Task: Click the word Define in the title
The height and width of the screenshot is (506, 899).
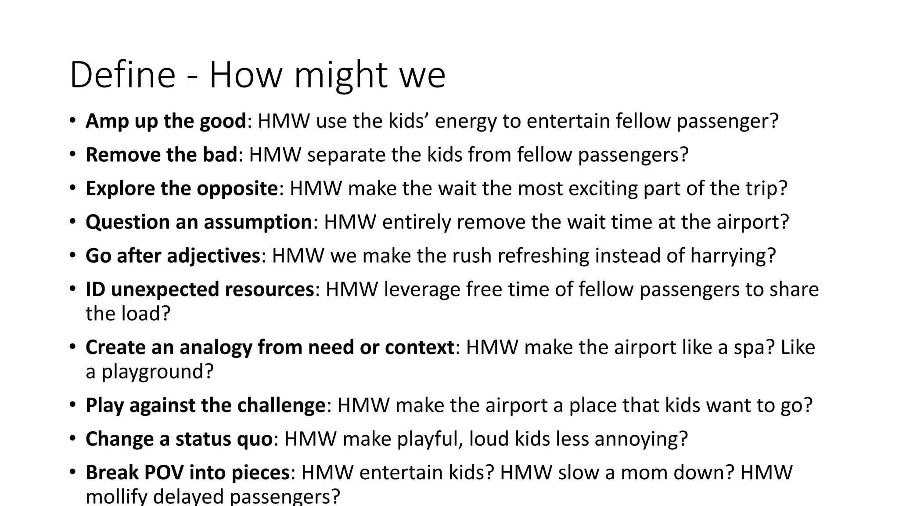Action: tap(122, 75)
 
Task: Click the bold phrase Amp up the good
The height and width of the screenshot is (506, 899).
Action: tap(166, 121)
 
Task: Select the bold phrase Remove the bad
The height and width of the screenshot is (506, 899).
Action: tap(161, 155)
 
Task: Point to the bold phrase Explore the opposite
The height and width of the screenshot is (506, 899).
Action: tap(182, 188)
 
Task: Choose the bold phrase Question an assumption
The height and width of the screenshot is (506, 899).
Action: tap(198, 222)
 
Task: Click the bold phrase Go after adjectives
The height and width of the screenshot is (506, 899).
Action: tap(173, 256)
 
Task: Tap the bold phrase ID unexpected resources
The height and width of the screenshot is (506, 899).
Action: tap(200, 289)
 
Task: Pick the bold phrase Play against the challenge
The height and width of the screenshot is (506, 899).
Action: tap(205, 405)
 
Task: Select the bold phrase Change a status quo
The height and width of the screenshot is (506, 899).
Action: tap(179, 439)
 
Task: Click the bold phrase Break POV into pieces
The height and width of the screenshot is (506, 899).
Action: tap(187, 473)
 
